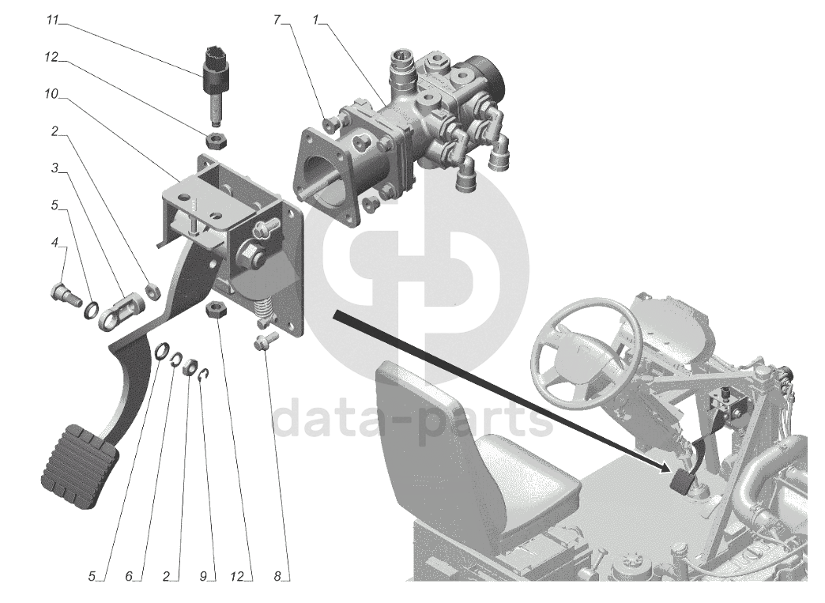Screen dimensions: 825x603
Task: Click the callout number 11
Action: pos(52,21)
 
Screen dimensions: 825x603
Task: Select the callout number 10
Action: pos(51,94)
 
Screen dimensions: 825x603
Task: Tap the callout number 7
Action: pos(277,20)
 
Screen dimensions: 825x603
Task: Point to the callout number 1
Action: pos(315,20)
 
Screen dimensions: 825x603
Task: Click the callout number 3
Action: pos(55,168)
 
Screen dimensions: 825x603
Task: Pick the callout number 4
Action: pos(55,243)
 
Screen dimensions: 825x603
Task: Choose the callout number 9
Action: pos(203,577)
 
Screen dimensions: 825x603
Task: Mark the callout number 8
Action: pos(277,577)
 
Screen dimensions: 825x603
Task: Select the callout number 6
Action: pos(129,577)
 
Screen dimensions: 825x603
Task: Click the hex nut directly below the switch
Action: pos(216,141)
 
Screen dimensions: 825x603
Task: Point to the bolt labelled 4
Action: pos(66,295)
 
